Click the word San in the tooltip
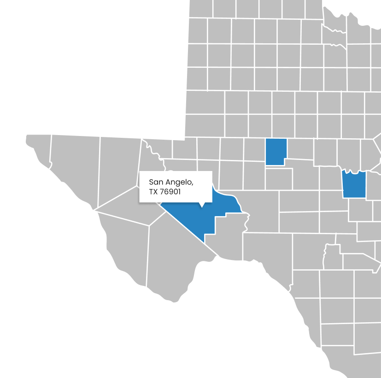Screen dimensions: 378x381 (156, 183)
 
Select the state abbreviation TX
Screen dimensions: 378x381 (153, 192)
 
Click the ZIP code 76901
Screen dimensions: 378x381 (170, 192)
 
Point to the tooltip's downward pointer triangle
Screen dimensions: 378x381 (202, 205)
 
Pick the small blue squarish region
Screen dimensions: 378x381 (275, 151)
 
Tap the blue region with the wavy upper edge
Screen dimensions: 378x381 (355, 185)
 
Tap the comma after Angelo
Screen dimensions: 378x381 (192, 184)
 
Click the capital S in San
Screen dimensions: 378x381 (151, 183)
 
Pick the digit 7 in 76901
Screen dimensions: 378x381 (162, 192)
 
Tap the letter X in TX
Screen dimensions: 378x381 (156, 192)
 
